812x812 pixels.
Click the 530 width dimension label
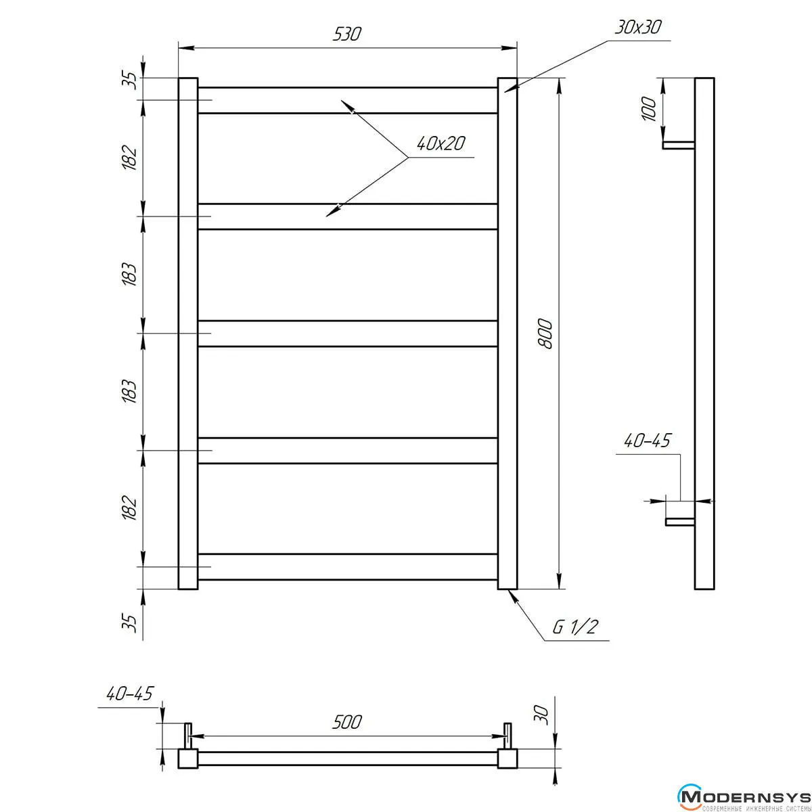[347, 34]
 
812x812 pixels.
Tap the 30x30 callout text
[638, 27]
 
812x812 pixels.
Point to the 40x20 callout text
[441, 143]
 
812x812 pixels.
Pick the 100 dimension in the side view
[649, 109]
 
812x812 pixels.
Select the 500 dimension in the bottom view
[347, 722]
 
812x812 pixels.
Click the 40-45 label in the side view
[647, 441]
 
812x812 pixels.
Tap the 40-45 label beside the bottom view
[129, 694]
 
